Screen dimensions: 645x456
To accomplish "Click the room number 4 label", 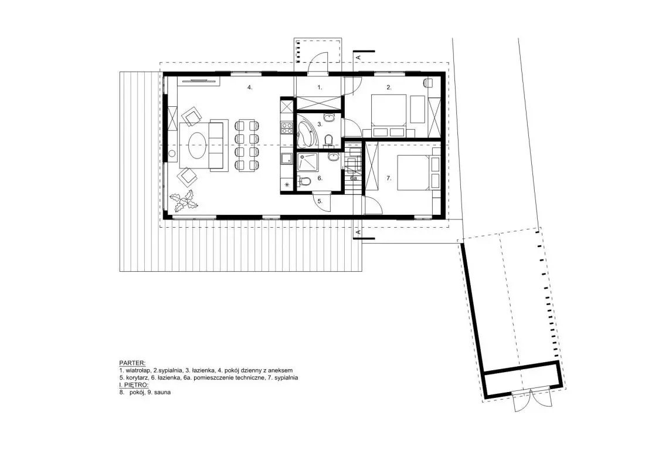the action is (250, 87).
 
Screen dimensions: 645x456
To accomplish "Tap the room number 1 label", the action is (320, 87).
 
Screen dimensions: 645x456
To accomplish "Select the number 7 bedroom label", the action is (389, 178).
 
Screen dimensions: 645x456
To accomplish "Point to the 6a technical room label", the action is (354, 178).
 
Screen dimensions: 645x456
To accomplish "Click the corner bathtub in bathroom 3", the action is (306, 130).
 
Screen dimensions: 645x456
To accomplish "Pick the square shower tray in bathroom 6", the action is (308, 162).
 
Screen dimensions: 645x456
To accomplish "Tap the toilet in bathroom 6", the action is (304, 181).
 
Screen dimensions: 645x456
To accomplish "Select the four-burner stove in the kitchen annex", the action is (286, 127).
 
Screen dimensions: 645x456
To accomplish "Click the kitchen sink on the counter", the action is (286, 158).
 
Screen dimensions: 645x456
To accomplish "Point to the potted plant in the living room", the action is (185, 201).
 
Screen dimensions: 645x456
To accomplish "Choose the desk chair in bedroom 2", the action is (428, 82).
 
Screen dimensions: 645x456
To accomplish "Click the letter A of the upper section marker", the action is (358, 57).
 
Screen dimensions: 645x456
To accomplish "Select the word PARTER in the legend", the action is (132, 363).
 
